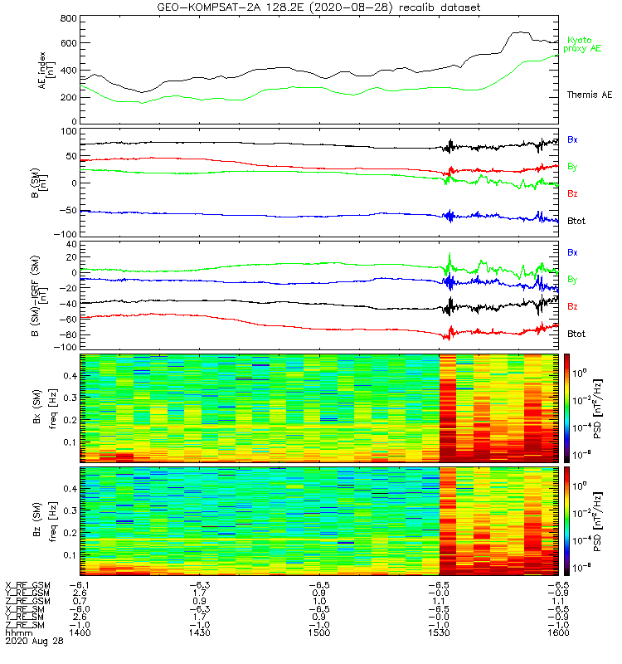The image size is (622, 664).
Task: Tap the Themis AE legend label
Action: [x=588, y=95]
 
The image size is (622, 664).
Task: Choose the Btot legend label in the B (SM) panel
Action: [x=577, y=222]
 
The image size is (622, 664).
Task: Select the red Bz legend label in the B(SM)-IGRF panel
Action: [x=572, y=306]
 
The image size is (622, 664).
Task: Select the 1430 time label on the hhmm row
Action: [x=198, y=632]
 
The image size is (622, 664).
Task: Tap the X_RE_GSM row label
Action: [x=28, y=583]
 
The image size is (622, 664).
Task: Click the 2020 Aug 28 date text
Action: [x=32, y=642]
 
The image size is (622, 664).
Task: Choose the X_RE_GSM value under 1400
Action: [x=80, y=583]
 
